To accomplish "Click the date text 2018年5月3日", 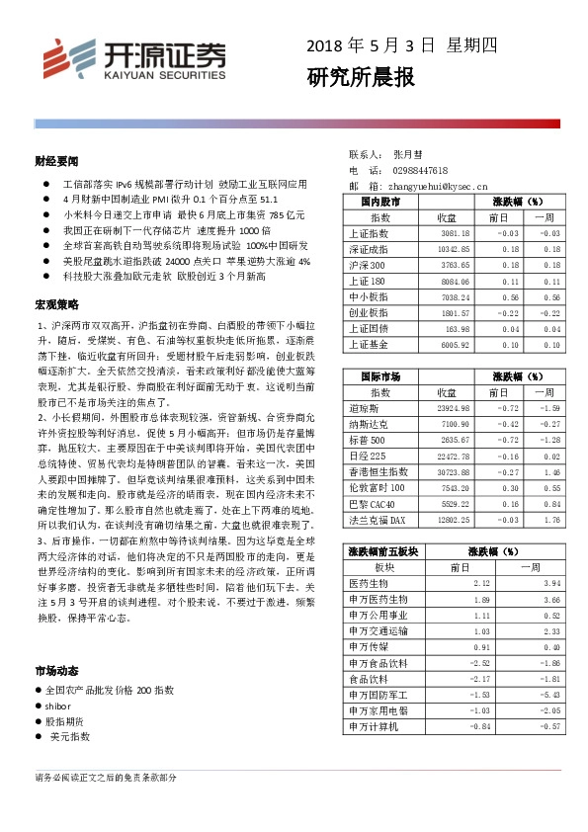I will tap(370, 45).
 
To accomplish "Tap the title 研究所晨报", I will tap(360, 77).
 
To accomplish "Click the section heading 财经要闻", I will tap(56, 159).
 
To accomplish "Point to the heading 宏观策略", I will tap(56, 303).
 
